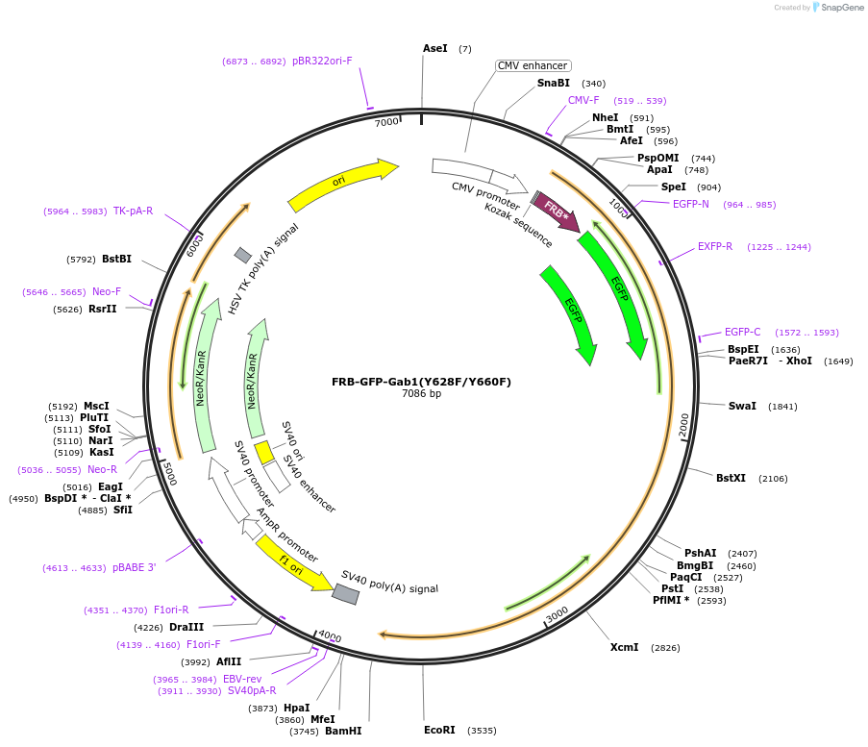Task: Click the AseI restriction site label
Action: pos(434,48)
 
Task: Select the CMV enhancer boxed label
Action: pos(533,66)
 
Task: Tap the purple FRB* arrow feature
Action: pos(557,209)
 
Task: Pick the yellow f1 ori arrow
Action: pos(292,562)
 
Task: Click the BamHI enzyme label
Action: pos(343,731)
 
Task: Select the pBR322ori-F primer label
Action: pos(322,62)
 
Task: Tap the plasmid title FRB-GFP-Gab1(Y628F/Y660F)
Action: pos(421,382)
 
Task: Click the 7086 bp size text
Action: pos(421,394)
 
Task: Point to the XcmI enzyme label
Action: pos(624,648)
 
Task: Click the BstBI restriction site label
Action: pos(116,259)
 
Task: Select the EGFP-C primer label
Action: pos(742,333)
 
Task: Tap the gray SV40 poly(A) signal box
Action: pos(345,594)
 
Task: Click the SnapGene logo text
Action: pos(842,8)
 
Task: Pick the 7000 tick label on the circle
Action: pos(386,122)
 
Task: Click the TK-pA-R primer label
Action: pos(133,212)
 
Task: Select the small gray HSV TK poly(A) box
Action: pos(243,255)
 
